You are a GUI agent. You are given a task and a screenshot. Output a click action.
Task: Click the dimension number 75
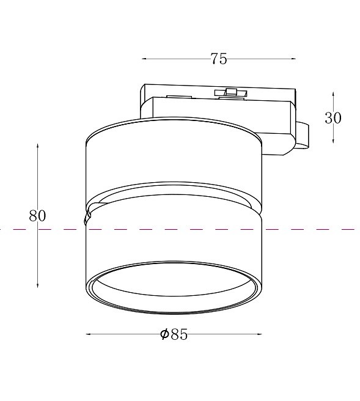coord(219,59)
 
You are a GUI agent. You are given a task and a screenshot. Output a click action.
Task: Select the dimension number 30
coord(333,118)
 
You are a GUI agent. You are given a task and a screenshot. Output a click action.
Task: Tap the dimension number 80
coord(37,216)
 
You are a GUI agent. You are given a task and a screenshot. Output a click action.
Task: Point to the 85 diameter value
coord(179,334)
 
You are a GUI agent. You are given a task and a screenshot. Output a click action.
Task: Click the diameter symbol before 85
coord(164,334)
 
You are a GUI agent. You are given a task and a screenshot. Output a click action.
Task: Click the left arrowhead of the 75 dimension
coord(144,59)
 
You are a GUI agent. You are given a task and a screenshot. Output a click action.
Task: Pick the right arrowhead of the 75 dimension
coord(293,59)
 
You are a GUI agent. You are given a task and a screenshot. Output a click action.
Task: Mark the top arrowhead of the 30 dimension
coord(333,94)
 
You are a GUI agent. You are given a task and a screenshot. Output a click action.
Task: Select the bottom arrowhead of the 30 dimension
coord(333,141)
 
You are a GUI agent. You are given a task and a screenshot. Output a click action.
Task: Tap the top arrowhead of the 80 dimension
coord(37,146)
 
